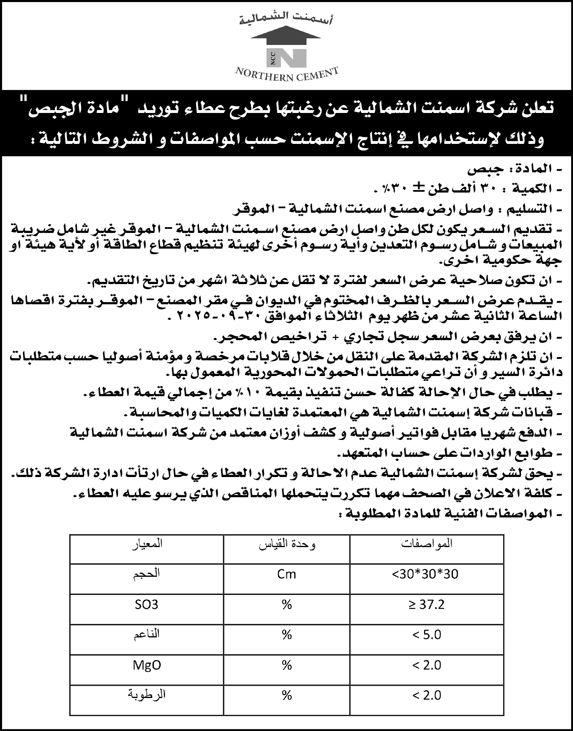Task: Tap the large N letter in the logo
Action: coord(292,58)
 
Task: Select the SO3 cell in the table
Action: coord(146,605)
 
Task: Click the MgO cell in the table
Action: coord(146,665)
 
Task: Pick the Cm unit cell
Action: coord(287,574)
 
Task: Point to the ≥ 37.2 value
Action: coord(427,605)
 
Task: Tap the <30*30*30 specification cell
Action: coord(425,574)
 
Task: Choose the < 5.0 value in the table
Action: coord(427,635)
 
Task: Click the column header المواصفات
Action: coord(427,544)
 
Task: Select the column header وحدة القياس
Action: coord(287,545)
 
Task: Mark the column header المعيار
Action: coord(147,544)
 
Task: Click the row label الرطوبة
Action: coord(146,695)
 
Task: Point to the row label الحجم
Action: coord(146,574)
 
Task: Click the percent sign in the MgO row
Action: coord(287,665)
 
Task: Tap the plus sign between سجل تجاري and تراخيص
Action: coord(335,337)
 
